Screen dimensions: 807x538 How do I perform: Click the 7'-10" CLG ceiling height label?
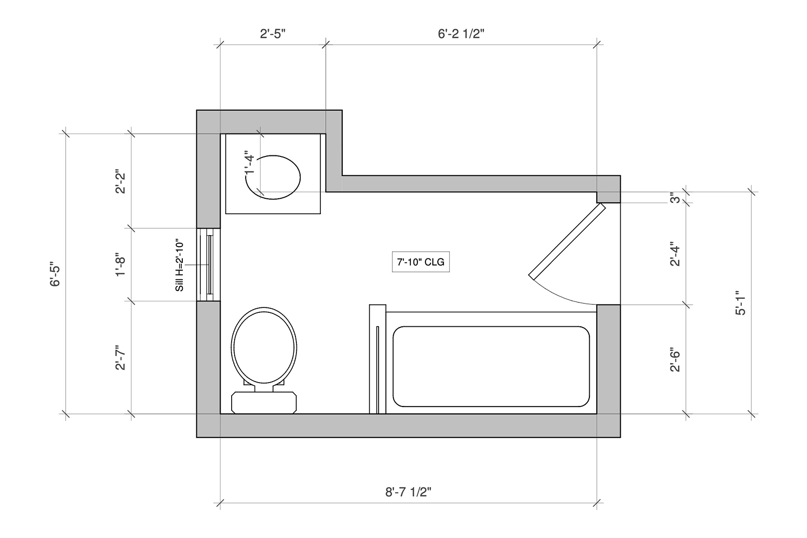420,262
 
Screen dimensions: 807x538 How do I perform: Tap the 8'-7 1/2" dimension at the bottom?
408,492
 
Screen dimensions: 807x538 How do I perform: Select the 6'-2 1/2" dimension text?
461,33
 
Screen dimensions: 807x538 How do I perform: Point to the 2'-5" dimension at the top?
272,33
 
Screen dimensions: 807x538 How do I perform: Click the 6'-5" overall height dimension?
55,274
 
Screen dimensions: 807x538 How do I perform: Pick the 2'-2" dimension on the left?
121,181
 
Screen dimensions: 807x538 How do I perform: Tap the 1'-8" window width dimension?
121,267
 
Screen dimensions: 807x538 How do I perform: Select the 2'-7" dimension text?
121,358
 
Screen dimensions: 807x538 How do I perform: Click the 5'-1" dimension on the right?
741,303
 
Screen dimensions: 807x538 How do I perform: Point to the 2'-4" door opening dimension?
675,255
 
